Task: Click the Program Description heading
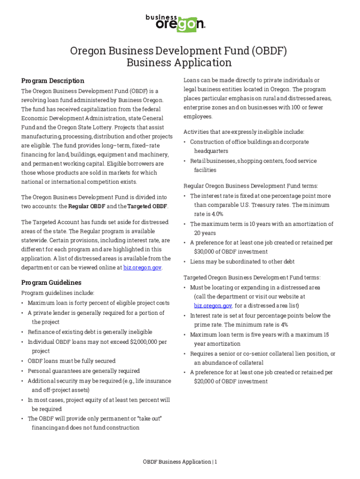pyautogui.click(x=53, y=80)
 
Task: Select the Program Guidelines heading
pyautogui.click(x=51, y=283)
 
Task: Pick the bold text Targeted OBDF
pyautogui.click(x=146, y=206)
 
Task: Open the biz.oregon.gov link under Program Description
pyautogui.click(x=142, y=268)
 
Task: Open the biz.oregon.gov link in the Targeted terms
pyautogui.click(x=213, y=305)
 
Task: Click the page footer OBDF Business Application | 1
pyautogui.click(x=180, y=462)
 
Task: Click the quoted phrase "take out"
pyautogui.click(x=147, y=418)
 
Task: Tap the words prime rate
pyautogui.click(x=209, y=325)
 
